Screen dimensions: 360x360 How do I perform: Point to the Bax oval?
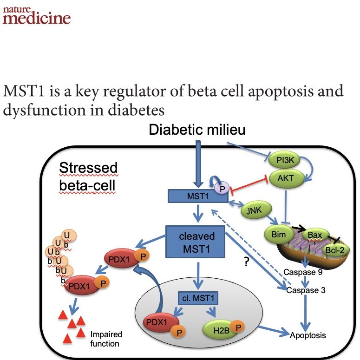click(x=314, y=235)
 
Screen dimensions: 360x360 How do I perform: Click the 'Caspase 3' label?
click(x=305, y=290)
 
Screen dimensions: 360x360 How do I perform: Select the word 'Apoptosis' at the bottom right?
click(x=308, y=334)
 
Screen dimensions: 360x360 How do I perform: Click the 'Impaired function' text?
click(x=106, y=339)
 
